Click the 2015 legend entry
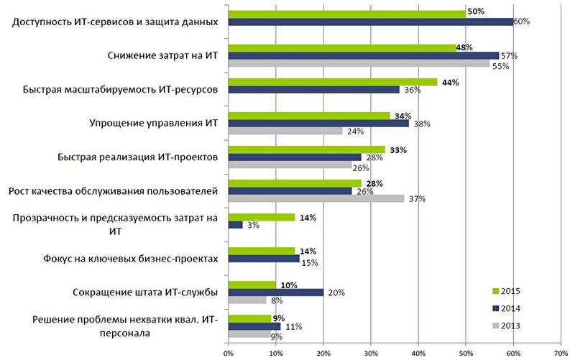[x=507, y=291]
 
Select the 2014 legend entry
[x=507, y=308]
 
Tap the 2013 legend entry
[x=507, y=326]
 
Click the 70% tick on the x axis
[x=561, y=353]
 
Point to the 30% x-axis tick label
[x=371, y=353]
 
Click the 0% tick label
[x=229, y=353]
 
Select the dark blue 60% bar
[x=371, y=22]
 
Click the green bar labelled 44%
[x=333, y=82]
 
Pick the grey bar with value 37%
[x=316, y=198]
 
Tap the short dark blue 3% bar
[x=235, y=225]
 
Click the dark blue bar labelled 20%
[x=276, y=292]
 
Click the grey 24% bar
[x=285, y=131]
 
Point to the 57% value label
[x=510, y=55]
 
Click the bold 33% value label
[x=398, y=149]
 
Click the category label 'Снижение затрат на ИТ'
[x=162, y=55]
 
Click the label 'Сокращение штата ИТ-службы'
[x=146, y=292]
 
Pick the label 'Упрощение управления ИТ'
[x=152, y=123]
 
